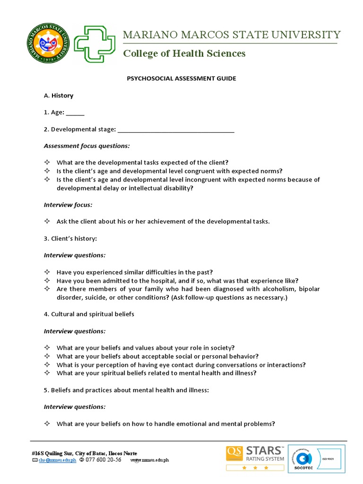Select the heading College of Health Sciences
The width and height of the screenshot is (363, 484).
point(184,53)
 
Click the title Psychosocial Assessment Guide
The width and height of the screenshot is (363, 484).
point(181,78)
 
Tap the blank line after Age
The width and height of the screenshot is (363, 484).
point(75,113)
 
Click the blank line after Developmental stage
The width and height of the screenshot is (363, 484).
point(175,130)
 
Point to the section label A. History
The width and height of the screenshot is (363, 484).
point(59,95)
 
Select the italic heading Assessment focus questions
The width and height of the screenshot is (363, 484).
point(86,146)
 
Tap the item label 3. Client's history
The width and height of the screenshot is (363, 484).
point(70,238)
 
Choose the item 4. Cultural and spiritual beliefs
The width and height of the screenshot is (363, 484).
point(89,314)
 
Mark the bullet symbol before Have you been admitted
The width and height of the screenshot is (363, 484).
point(47,281)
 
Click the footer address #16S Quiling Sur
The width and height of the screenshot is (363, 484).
point(84,453)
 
